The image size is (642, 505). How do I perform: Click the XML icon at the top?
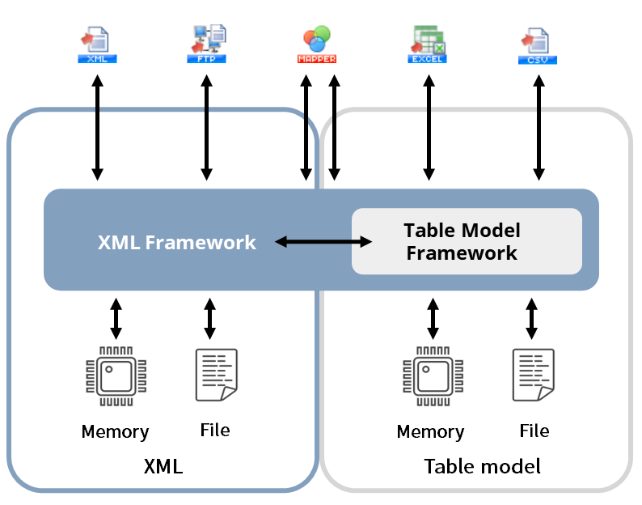[98, 45]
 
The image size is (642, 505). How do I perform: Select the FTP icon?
[207, 44]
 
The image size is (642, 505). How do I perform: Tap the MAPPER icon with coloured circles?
[317, 45]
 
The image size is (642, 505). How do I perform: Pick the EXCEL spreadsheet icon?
[427, 45]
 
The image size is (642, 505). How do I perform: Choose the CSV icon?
[538, 46]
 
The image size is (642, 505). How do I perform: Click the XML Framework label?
[177, 242]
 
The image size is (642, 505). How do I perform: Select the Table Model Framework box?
[467, 241]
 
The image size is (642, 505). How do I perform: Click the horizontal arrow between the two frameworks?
[323, 242]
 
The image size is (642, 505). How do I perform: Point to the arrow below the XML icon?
[98, 128]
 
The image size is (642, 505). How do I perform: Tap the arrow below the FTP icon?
[207, 128]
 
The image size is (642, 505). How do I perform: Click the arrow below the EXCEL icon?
[429, 128]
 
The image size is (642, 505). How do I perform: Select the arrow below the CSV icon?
[539, 128]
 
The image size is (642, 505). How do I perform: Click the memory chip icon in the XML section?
[116, 376]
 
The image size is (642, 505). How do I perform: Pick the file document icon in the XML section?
[217, 375]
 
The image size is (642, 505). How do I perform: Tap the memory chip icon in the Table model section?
[433, 376]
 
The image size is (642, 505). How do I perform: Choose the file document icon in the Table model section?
[534, 375]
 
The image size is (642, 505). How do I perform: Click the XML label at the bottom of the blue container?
[163, 466]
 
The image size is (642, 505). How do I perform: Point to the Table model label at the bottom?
[483, 466]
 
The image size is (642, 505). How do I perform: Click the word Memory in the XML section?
[116, 432]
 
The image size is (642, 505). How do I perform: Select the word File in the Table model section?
[534, 431]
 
